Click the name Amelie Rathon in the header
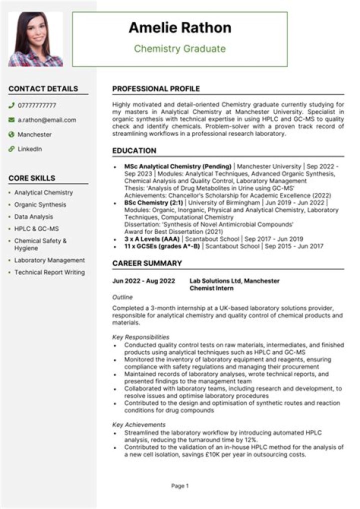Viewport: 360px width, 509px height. click(180, 28)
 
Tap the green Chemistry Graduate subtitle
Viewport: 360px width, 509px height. click(180, 48)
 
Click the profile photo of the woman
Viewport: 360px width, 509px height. click(35, 39)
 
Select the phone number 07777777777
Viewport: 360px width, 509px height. click(37, 105)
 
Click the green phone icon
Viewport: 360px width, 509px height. click(11, 105)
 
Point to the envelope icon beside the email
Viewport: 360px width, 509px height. click(11, 120)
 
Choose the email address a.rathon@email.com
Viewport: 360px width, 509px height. click(47, 120)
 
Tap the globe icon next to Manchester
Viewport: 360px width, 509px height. click(11, 134)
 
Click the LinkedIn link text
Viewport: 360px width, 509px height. click(30, 149)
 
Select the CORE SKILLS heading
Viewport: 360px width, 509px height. click(32, 178)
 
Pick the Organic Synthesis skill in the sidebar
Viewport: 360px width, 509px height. click(40, 204)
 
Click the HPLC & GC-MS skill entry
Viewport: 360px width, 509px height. click(36, 228)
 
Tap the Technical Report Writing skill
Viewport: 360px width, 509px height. click(49, 272)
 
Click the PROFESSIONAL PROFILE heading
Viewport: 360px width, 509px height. click(156, 89)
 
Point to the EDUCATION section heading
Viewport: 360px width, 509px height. click(134, 150)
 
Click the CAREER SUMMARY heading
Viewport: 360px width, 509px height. click(147, 263)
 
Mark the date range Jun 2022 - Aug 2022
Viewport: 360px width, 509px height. click(144, 281)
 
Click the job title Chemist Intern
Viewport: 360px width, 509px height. click(211, 288)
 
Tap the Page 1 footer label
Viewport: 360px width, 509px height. click(180, 485)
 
